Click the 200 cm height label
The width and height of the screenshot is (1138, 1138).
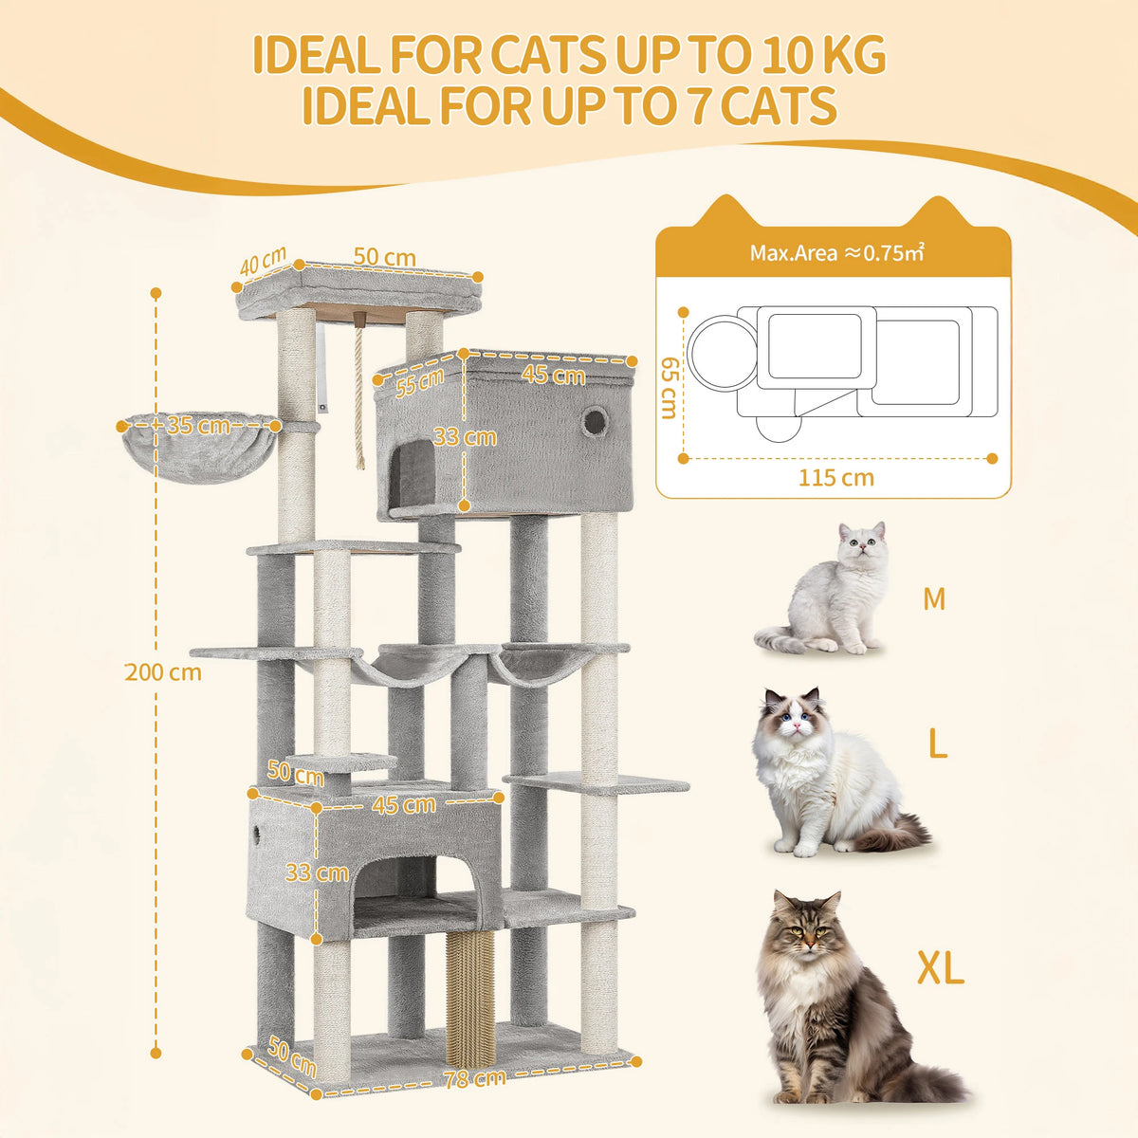(x=162, y=672)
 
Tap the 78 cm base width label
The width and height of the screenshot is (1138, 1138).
(x=474, y=1078)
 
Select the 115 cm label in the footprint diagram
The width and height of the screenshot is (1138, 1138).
(x=835, y=478)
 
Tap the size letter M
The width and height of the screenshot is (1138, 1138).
(x=934, y=599)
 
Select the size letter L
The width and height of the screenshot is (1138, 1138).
(x=937, y=744)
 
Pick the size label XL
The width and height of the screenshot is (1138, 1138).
(x=940, y=968)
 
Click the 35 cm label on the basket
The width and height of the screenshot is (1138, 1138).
(x=198, y=426)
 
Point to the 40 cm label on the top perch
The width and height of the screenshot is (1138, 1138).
(x=262, y=262)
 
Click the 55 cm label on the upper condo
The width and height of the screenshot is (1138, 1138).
(x=420, y=382)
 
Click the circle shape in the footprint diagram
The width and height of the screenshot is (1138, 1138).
(x=721, y=352)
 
